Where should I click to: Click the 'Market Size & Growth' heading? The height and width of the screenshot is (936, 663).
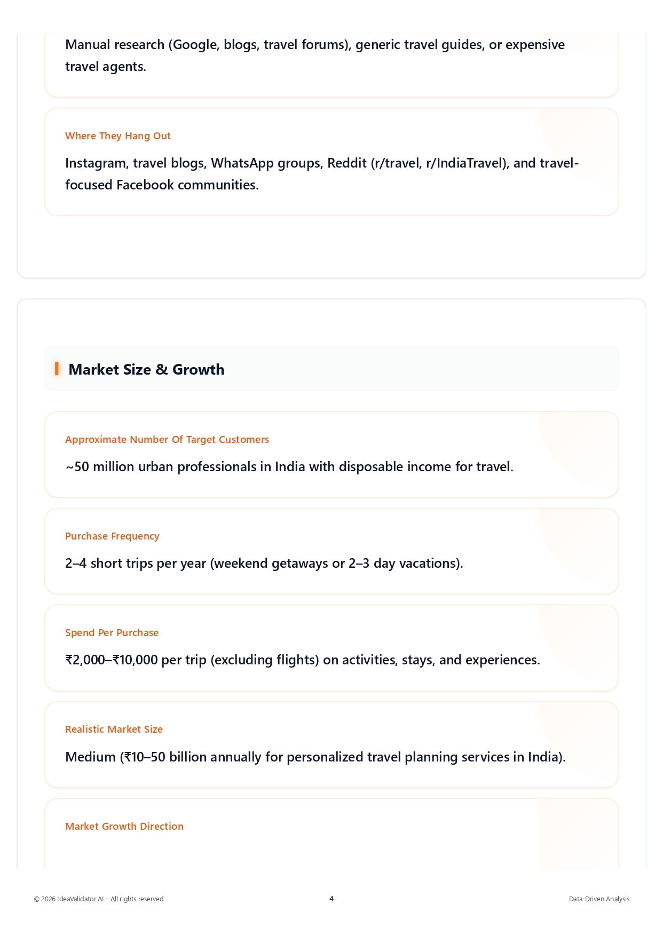pos(146,369)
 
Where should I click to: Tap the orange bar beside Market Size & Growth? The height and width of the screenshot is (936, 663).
pos(57,368)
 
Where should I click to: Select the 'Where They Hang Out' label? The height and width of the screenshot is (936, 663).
pos(118,136)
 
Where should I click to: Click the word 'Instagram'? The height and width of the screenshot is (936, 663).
pos(96,163)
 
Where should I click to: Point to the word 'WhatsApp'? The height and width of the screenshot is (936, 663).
pos(242,163)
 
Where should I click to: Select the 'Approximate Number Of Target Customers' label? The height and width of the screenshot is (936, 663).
pos(167,440)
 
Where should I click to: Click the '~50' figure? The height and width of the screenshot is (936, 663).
pos(77,467)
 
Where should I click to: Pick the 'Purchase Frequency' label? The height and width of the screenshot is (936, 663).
pos(112,536)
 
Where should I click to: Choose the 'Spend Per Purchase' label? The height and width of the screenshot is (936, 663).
pos(112,633)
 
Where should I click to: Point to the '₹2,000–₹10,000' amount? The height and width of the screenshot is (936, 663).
pos(112,660)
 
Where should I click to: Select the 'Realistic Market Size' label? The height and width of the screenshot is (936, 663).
pos(114,729)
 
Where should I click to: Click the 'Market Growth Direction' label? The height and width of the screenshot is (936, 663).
pos(124,827)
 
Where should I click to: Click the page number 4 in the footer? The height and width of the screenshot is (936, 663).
pos(331,899)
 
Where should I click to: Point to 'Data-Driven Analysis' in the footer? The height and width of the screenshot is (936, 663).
pos(599,899)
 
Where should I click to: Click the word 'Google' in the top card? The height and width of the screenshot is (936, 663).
pos(195,45)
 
